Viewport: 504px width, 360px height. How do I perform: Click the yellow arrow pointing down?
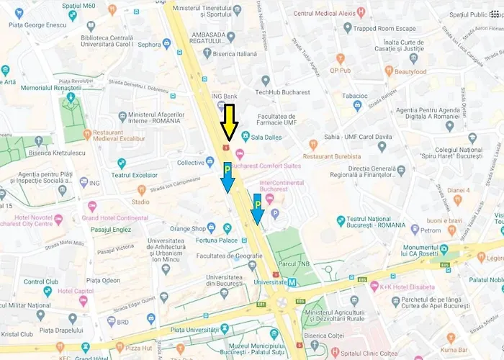point(229,122)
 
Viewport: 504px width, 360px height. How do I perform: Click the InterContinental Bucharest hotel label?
point(282,186)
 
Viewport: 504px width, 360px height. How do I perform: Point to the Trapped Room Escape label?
point(384,29)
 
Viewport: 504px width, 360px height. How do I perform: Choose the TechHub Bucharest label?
point(285,92)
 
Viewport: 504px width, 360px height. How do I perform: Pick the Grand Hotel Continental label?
point(115,217)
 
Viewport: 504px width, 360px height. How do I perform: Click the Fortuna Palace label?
point(219,240)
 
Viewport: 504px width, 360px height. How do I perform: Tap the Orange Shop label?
point(188,229)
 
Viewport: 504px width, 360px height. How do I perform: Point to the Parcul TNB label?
point(294,264)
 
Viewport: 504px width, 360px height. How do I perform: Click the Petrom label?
point(431,231)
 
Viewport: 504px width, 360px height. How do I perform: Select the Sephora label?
point(148,44)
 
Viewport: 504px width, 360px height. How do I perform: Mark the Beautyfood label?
point(410,71)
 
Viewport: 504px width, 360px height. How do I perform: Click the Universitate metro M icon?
point(292,282)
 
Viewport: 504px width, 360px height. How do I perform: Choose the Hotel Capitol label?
point(76,291)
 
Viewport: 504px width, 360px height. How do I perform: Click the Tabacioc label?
point(354,95)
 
